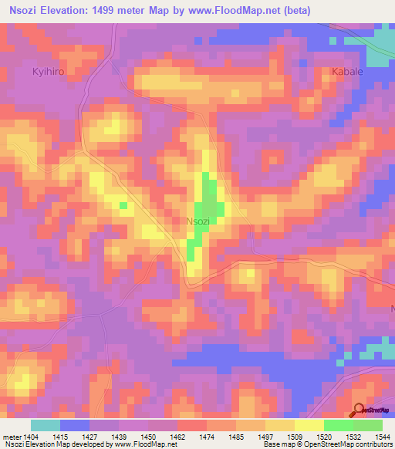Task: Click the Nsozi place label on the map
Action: coord(198,221)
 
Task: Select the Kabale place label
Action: coord(346,72)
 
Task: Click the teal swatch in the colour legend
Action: coord(46,425)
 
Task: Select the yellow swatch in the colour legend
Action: coord(309,425)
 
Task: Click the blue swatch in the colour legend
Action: coord(75,425)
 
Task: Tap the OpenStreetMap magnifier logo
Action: coord(359,410)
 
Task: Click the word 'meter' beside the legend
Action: coord(12,436)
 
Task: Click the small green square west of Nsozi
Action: coord(123,204)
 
